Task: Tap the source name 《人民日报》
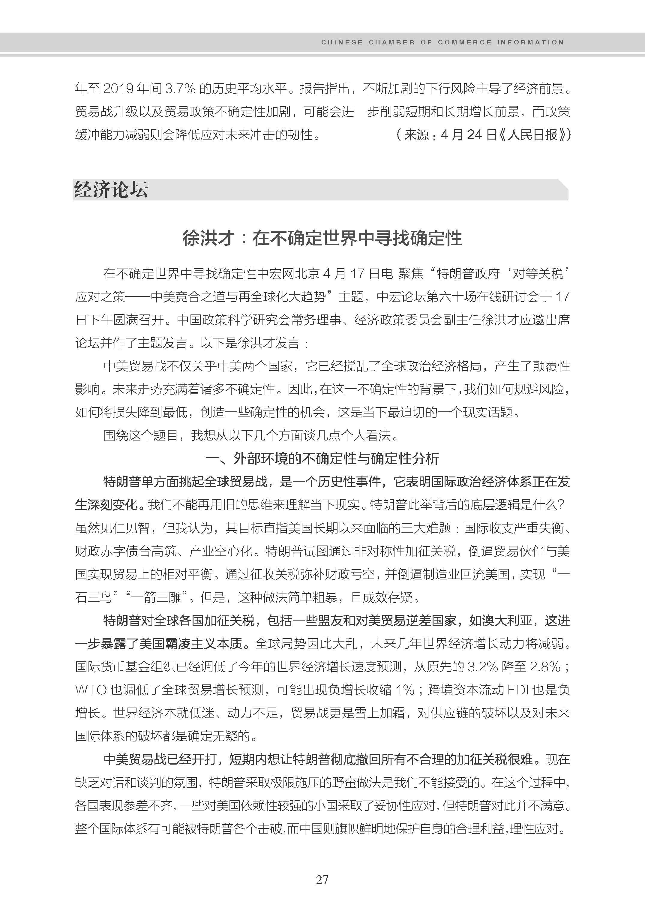[532, 135]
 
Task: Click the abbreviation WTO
[91, 690]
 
